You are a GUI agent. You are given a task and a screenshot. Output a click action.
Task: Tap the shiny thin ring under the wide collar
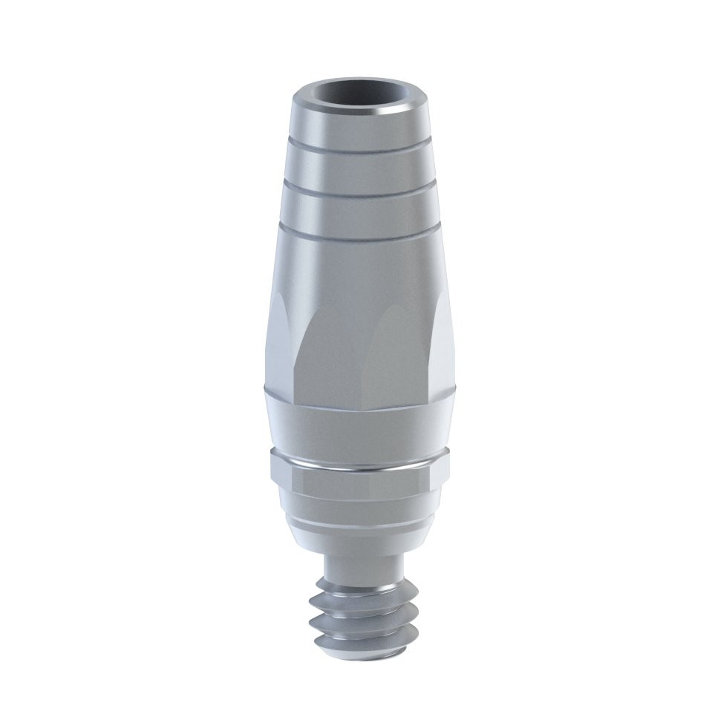coord(358,467)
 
